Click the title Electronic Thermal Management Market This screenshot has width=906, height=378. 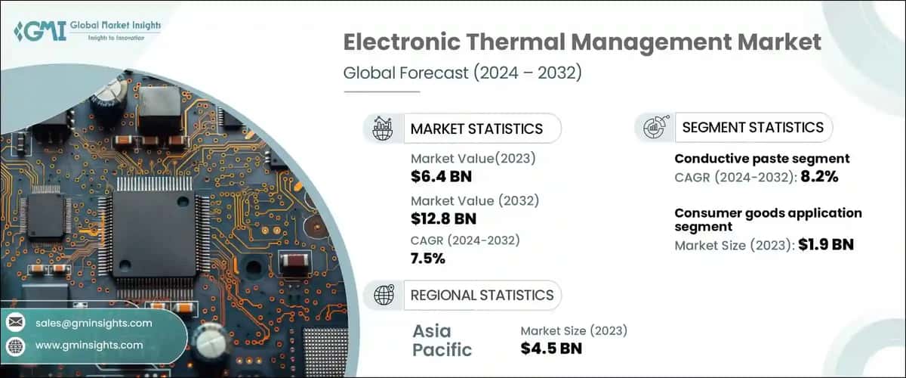(582, 42)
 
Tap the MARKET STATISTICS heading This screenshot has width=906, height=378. (476, 129)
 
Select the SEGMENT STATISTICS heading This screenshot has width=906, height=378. (753, 127)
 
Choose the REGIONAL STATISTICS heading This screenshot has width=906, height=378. (482, 295)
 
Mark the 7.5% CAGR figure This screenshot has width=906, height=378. (428, 259)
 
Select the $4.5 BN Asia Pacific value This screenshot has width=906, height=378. (551, 349)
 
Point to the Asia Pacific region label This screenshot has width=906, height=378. (442, 340)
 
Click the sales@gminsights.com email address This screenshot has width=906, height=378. (94, 323)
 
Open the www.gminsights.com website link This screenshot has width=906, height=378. (89, 345)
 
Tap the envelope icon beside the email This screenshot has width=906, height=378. (16, 323)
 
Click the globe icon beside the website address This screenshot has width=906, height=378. (16, 345)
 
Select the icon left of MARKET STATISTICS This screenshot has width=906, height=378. (383, 129)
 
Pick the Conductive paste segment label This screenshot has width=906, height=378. (762, 159)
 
